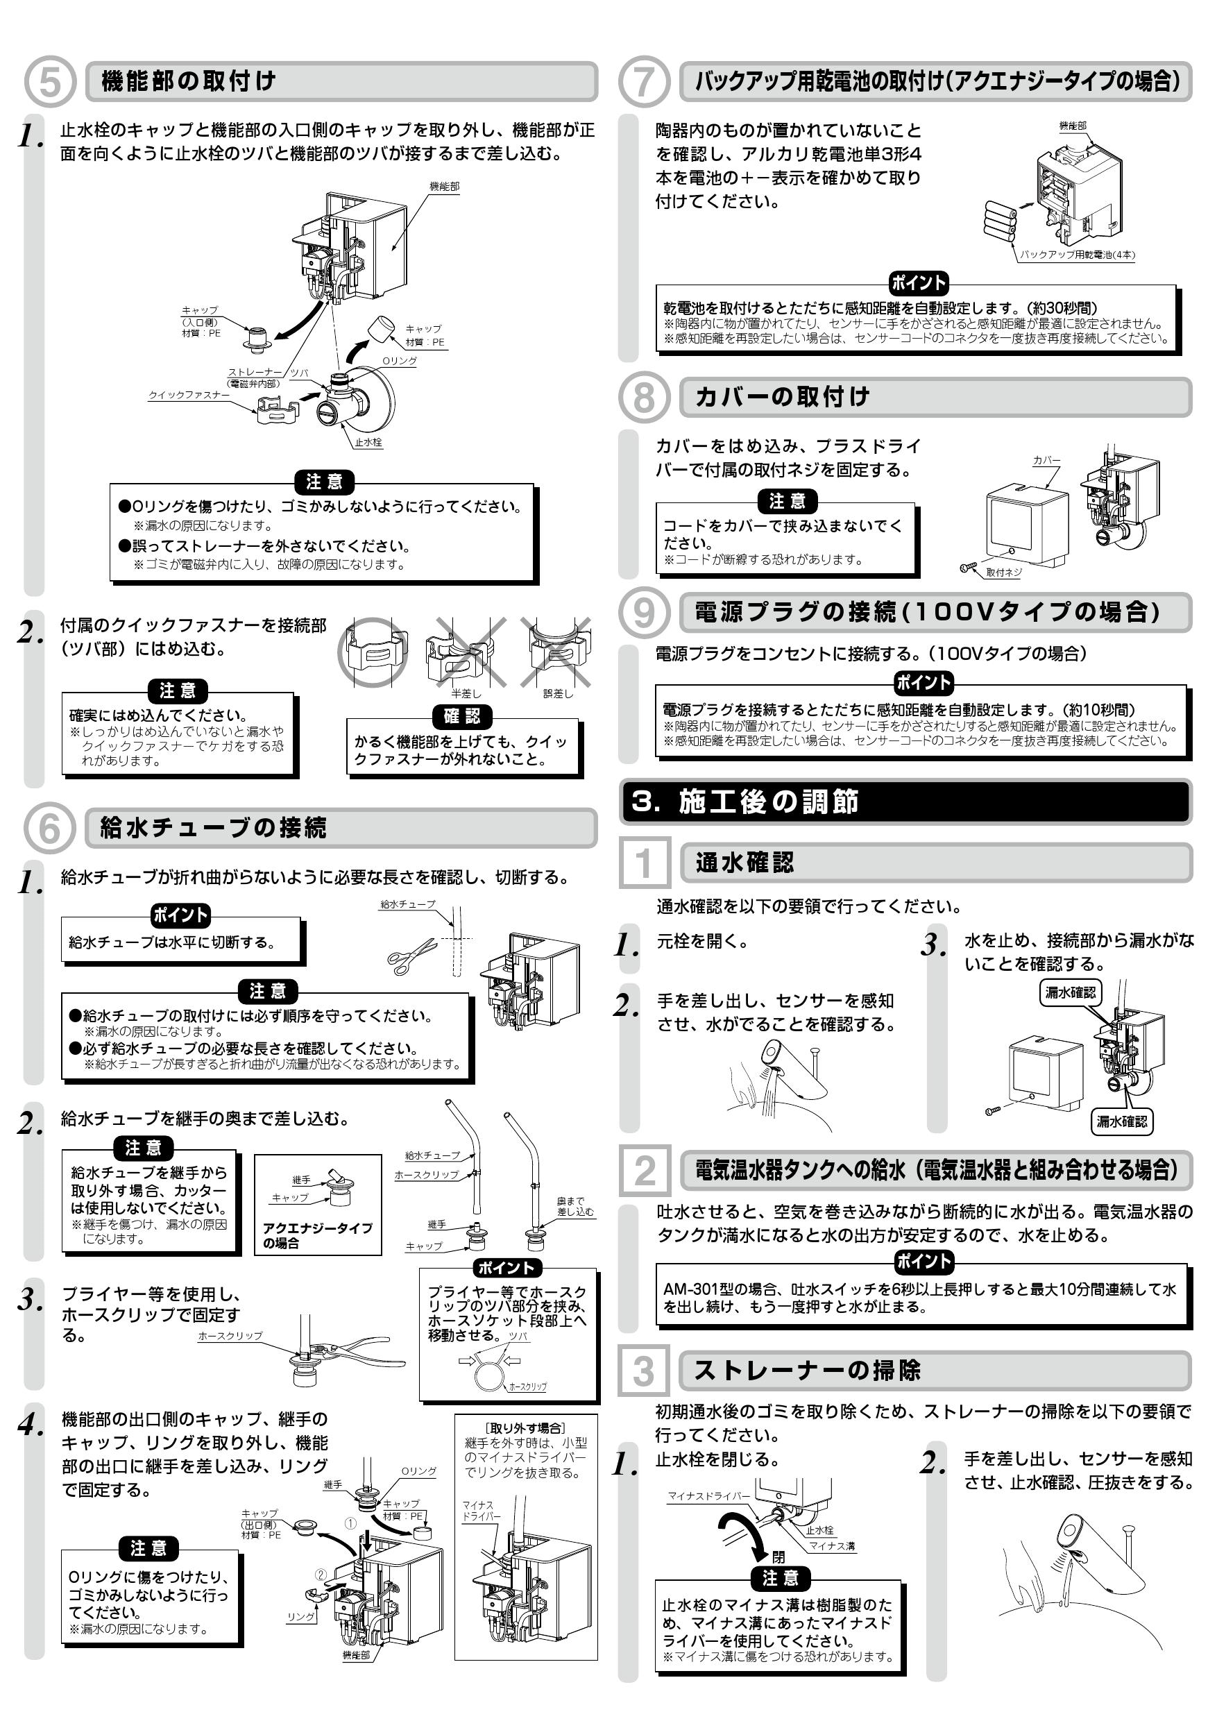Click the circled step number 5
click(x=49, y=81)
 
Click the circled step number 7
click(x=644, y=81)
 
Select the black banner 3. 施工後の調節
click(x=905, y=802)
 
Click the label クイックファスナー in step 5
click(x=189, y=395)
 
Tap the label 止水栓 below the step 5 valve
click(x=368, y=442)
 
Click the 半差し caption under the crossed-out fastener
click(x=466, y=693)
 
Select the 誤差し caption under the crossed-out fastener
click(x=559, y=693)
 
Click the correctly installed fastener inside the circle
click(x=373, y=653)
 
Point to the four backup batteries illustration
click(x=1001, y=218)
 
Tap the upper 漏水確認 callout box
click(x=1070, y=992)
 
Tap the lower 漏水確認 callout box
click(x=1121, y=1121)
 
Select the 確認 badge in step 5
click(x=461, y=716)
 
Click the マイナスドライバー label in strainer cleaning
click(x=708, y=1496)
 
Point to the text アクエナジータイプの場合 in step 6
click(x=317, y=1235)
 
